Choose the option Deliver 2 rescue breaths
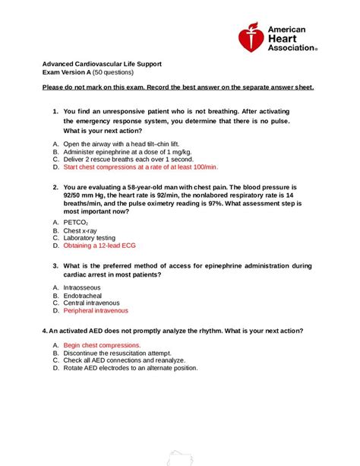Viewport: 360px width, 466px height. pyautogui.click(x=123, y=159)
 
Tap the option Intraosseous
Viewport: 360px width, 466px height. pyautogui.click(x=82, y=288)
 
